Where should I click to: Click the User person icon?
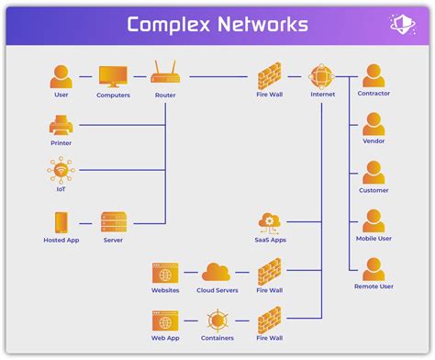pyautogui.click(x=61, y=75)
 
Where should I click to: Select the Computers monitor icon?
pyautogui.click(x=113, y=75)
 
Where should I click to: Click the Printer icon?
pyautogui.click(x=61, y=124)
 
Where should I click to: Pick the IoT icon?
pyautogui.click(x=61, y=171)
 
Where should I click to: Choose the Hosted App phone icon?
pyautogui.click(x=61, y=222)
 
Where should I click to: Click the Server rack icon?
pyautogui.click(x=113, y=222)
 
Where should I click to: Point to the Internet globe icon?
pyautogui.click(x=321, y=75)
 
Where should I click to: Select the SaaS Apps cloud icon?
pyautogui.click(x=270, y=221)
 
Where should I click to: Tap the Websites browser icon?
pyautogui.click(x=165, y=272)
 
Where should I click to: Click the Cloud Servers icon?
pyautogui.click(x=217, y=272)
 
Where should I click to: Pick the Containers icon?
pyautogui.click(x=217, y=321)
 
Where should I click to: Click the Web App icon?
pyautogui.click(x=165, y=321)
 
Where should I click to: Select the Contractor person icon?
pyautogui.click(x=373, y=75)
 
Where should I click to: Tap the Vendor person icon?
pyautogui.click(x=373, y=124)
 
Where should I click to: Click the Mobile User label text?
pyautogui.click(x=373, y=239)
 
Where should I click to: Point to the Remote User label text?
pyautogui.click(x=373, y=287)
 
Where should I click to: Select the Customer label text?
pyautogui.click(x=373, y=190)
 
